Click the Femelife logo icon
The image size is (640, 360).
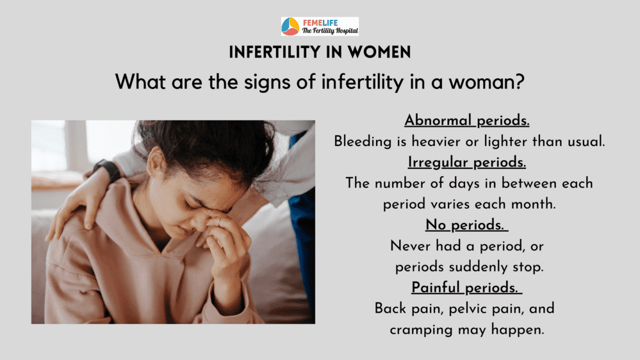point(290,26)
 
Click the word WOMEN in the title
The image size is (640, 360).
point(379,53)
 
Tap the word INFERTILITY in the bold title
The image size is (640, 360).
point(275,53)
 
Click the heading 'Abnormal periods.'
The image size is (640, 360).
point(467,120)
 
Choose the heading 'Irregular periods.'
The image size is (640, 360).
point(467,162)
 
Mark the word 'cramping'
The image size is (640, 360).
point(422,330)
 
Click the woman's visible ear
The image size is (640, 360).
point(155,163)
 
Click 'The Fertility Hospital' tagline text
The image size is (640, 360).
point(330,31)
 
